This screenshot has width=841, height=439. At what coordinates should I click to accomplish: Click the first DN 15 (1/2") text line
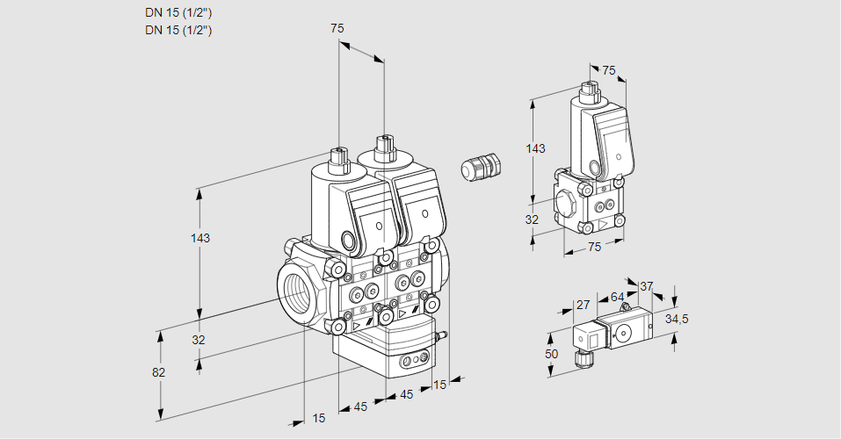pyautogui.click(x=178, y=12)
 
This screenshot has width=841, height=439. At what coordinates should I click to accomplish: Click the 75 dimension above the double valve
pyautogui.click(x=337, y=29)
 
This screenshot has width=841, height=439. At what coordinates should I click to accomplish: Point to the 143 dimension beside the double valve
pyautogui.click(x=201, y=238)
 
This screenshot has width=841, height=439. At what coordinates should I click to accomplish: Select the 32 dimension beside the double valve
pyautogui.click(x=199, y=340)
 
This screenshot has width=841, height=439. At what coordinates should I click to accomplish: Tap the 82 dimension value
pyautogui.click(x=158, y=372)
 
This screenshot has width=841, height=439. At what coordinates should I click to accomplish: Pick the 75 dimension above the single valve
pyautogui.click(x=609, y=71)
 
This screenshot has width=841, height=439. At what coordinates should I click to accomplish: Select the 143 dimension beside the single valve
pyautogui.click(x=535, y=148)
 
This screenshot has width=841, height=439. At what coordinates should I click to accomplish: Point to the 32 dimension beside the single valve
pyautogui.click(x=532, y=219)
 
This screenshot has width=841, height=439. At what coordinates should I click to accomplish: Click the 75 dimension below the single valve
pyautogui.click(x=594, y=248)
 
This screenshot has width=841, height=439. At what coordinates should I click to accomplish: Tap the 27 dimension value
pyautogui.click(x=582, y=305)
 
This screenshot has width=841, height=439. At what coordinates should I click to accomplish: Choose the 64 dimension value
pyautogui.click(x=617, y=297)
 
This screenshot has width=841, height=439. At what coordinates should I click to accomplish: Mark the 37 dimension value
pyautogui.click(x=647, y=286)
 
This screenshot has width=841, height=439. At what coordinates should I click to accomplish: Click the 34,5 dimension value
pyautogui.click(x=677, y=319)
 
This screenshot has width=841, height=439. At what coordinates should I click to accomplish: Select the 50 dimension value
pyautogui.click(x=551, y=353)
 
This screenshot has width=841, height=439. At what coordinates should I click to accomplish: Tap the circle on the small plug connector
pyautogui.click(x=625, y=333)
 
